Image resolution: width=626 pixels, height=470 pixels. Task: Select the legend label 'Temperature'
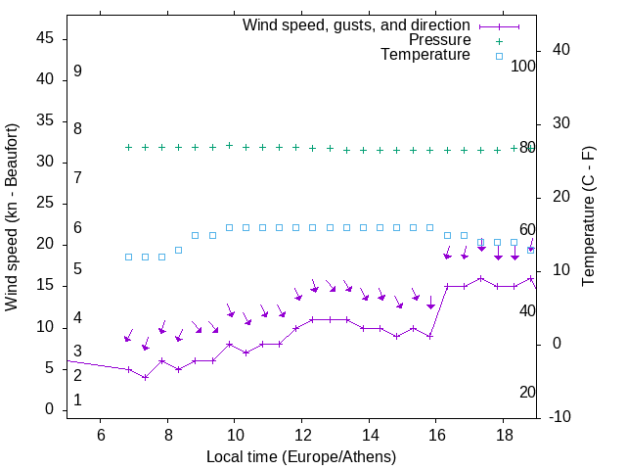click(x=425, y=55)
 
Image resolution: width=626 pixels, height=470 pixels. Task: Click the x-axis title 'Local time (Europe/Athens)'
click(x=301, y=457)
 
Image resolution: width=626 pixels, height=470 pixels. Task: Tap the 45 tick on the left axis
click(x=45, y=38)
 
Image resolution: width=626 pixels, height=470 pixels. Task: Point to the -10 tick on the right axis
click(x=561, y=417)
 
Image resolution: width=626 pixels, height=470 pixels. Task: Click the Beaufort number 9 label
click(x=77, y=71)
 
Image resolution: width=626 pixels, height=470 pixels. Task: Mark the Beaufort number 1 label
click(x=77, y=399)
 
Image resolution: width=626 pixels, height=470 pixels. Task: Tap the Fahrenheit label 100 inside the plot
click(x=523, y=66)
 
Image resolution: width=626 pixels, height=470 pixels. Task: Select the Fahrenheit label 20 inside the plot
click(x=527, y=392)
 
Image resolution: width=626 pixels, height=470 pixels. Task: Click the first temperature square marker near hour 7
click(x=128, y=257)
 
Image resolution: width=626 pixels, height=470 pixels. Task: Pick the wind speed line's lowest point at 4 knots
click(x=145, y=377)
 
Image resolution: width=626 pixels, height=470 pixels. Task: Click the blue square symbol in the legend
click(x=499, y=56)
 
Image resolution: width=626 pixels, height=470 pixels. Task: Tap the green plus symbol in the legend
click(x=499, y=41)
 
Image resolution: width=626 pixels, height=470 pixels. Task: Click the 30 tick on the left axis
click(x=45, y=162)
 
